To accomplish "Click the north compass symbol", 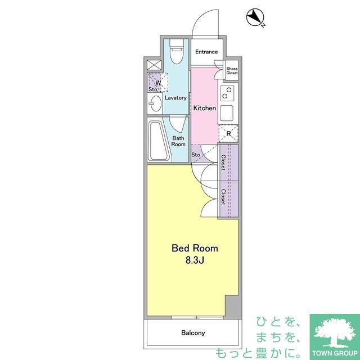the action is coord(255,17).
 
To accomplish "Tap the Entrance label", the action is coord(206,52).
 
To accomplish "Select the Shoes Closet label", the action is coord(232,71).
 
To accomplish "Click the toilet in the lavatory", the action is coord(177,51).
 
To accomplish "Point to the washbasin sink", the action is coord(155,103).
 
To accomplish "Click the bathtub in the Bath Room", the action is coord(158,141).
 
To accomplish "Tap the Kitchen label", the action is coord(205,108).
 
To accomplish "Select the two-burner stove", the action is coord(227,93).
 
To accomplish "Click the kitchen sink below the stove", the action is coord(227,114).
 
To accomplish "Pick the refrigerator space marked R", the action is coord(228,133).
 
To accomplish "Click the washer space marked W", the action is coord(157,83).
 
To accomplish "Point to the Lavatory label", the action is coord(175,98).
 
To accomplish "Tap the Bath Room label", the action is coord(178,141).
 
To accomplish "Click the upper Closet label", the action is coord(223,163).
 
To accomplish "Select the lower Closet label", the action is coord(223,197).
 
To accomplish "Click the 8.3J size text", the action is coord(195,260).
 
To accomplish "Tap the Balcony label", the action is coord(193,332).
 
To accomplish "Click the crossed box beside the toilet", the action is coord(154,65).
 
